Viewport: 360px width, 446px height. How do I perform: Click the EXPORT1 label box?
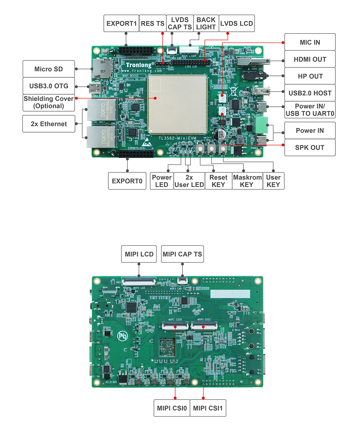pos(121,23)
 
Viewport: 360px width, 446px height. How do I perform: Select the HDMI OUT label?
pos(310,59)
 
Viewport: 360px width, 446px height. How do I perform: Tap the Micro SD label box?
pos(49,69)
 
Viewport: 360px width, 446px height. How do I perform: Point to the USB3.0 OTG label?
pos(49,86)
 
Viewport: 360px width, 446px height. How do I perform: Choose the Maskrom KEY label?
pos(247,181)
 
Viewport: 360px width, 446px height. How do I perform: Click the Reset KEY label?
pos(218,181)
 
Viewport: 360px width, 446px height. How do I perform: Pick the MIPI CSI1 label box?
pos(208,408)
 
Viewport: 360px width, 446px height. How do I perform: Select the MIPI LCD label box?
pos(139,254)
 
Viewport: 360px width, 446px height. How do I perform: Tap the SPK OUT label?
pos(310,147)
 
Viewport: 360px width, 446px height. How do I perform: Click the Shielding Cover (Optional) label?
pos(49,103)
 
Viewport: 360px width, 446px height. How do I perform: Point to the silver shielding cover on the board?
pos(177,104)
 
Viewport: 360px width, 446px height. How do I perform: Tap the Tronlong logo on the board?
pos(139,65)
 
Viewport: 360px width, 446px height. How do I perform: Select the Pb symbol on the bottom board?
pos(122,336)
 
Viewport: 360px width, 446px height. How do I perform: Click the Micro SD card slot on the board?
pos(102,68)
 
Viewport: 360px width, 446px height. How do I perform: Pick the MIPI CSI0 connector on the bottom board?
pos(175,326)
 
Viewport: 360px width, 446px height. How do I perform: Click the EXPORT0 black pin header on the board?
pos(136,154)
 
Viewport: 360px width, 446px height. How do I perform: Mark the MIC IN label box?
pos(310,42)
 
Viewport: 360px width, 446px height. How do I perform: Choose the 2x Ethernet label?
pos(49,124)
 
